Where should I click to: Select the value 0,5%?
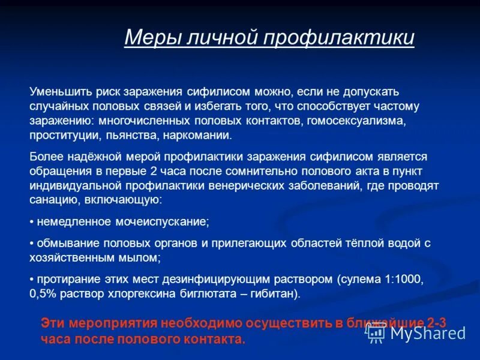[43, 294]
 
